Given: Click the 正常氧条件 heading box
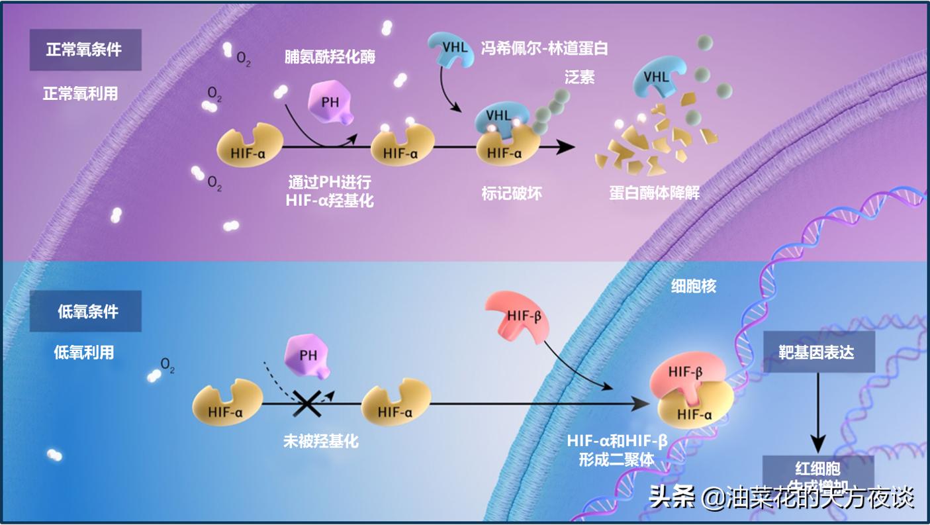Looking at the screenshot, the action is click(x=85, y=50).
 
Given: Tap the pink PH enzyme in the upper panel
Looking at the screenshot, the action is click(x=330, y=105).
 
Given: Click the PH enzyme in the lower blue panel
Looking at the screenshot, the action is click(x=307, y=357).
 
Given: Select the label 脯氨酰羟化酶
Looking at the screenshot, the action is click(x=330, y=57).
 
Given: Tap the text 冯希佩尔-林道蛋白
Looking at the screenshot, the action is click(x=544, y=48).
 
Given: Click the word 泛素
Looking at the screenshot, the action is click(x=579, y=77).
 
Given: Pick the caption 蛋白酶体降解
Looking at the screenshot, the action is click(x=654, y=193).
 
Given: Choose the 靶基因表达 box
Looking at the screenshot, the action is click(x=819, y=352).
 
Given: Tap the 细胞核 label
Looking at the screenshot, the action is click(x=692, y=287).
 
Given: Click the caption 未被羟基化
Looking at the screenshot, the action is click(x=320, y=440).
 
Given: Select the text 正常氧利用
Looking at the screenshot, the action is click(x=80, y=94).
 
